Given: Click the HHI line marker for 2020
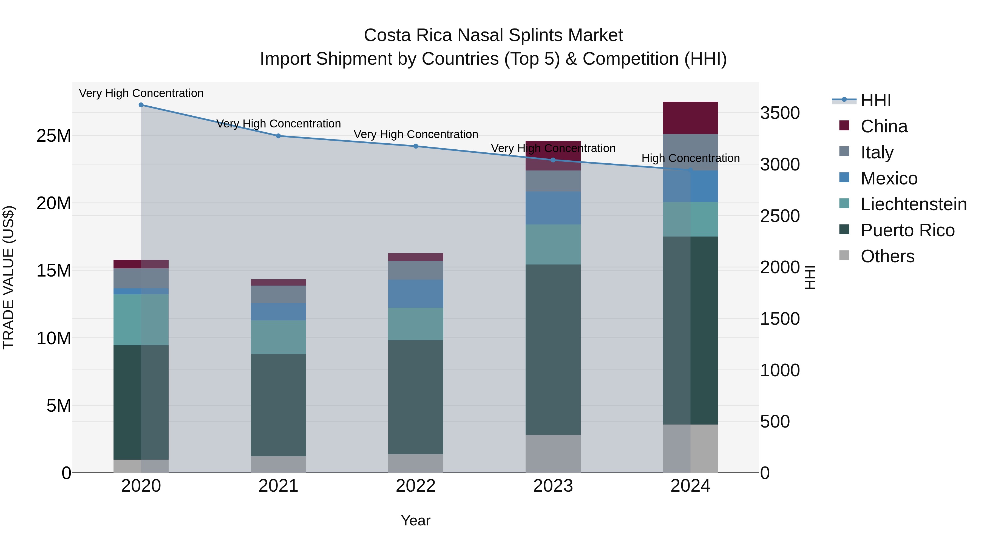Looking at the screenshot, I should [x=141, y=105].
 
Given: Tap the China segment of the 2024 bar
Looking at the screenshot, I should [x=690, y=118].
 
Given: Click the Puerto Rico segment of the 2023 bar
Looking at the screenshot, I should [x=553, y=349].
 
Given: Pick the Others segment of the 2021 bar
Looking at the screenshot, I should [x=278, y=464].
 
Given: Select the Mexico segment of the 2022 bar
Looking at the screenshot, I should [x=416, y=294].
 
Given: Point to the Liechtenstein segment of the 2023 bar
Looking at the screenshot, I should [x=553, y=244].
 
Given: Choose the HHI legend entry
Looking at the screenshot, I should [x=875, y=100].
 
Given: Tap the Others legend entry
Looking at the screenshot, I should [x=887, y=256].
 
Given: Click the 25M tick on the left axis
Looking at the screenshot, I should [x=54, y=136].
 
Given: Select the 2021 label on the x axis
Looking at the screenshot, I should [x=278, y=486].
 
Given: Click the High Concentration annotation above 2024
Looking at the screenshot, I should [x=690, y=158].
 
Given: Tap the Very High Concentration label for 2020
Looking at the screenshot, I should [x=141, y=93].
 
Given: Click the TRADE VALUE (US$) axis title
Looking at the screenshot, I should [x=8, y=277].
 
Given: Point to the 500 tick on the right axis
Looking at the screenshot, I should [x=775, y=422].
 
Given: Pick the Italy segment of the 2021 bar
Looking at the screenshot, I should [x=278, y=294].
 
